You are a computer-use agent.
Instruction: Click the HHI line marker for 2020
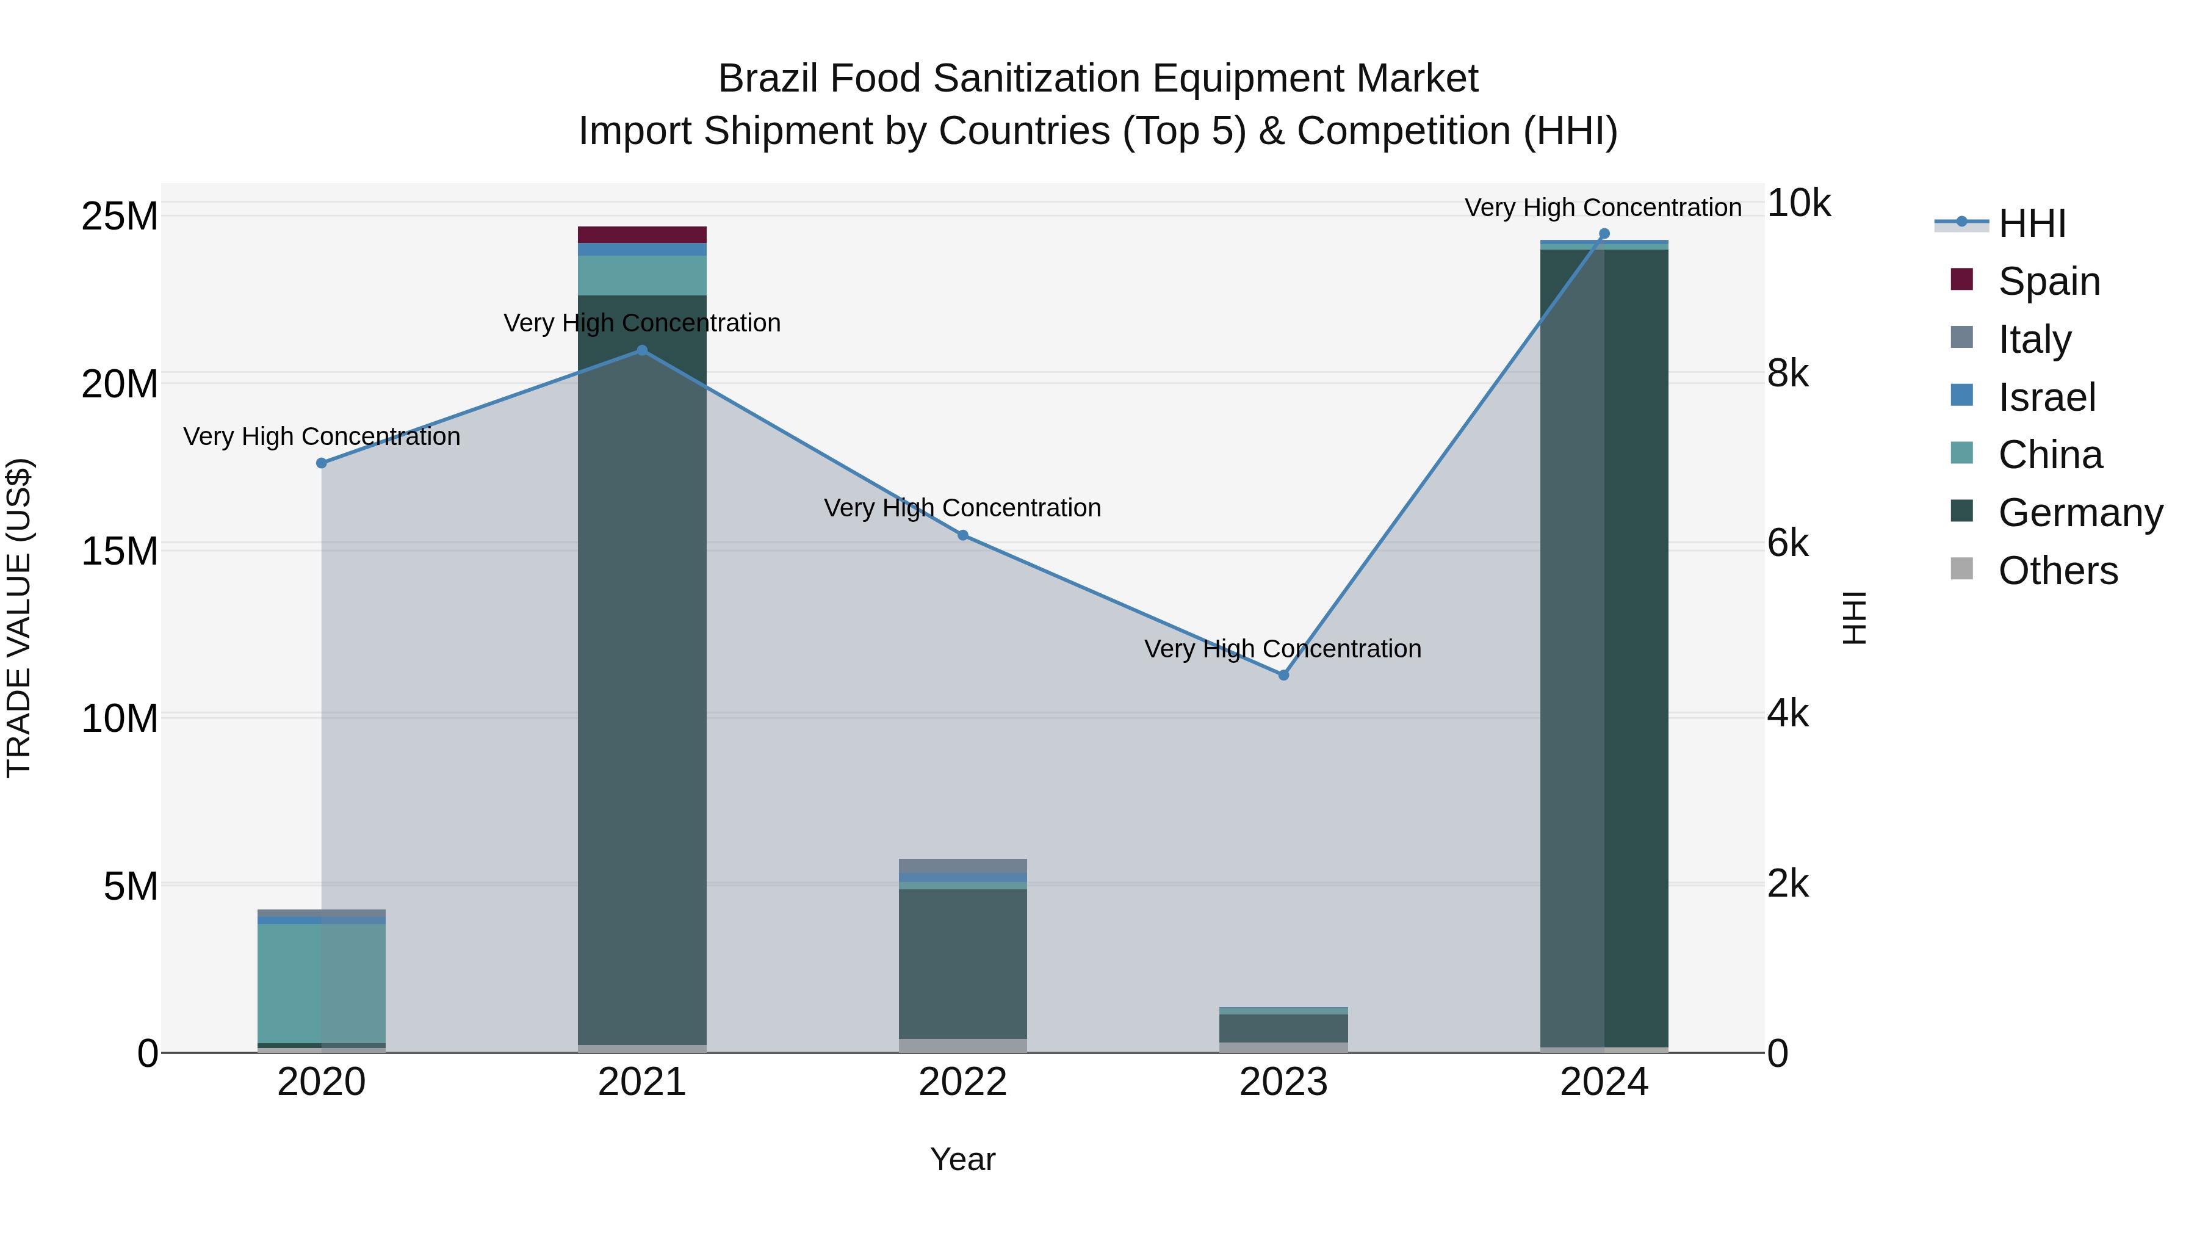tap(322, 463)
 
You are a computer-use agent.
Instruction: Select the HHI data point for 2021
tap(642, 350)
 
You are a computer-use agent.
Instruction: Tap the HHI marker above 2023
tap(1283, 674)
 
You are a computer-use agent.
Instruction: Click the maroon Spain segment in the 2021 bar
tap(642, 234)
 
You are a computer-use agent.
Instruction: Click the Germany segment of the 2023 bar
tap(1283, 1028)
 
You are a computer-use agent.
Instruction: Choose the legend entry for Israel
tap(2046, 397)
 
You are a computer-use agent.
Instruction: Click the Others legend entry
tap(2057, 571)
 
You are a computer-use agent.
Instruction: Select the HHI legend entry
tap(2032, 223)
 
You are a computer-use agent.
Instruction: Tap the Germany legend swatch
tap(1961, 511)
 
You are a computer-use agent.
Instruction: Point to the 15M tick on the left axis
tap(120, 551)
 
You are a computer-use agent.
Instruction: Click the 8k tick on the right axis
tap(1788, 374)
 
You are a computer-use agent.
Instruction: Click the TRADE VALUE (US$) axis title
tap(19, 618)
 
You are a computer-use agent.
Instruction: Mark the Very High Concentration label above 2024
tap(1603, 208)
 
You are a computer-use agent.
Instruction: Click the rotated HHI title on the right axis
tap(1854, 618)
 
